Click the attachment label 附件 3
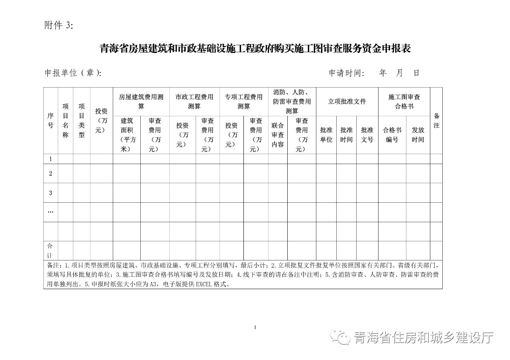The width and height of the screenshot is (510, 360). pyautogui.click(x=59, y=25)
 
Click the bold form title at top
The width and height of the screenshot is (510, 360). pyautogui.click(x=255, y=49)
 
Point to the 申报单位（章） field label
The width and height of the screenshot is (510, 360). pyautogui.click(x=73, y=73)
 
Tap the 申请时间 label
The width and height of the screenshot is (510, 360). pyautogui.click(x=346, y=73)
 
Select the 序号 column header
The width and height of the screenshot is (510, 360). pyautogui.click(x=51, y=120)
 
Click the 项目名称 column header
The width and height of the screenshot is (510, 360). pyautogui.click(x=65, y=120)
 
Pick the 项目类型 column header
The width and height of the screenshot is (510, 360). pyautogui.click(x=81, y=120)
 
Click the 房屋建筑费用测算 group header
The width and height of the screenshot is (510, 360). pyautogui.click(x=141, y=102)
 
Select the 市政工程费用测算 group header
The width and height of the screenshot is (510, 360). pyautogui.click(x=194, y=102)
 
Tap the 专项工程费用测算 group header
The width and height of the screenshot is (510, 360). pyautogui.click(x=243, y=102)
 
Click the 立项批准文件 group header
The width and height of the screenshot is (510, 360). pyautogui.click(x=347, y=102)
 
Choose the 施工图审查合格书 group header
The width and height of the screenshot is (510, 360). pyautogui.click(x=404, y=102)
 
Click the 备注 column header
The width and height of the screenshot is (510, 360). pyautogui.click(x=436, y=120)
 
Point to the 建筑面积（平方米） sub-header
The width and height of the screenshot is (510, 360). pyautogui.click(x=127, y=135)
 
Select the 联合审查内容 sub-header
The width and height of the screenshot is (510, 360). pyautogui.click(x=278, y=135)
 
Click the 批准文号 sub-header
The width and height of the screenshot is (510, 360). pyautogui.click(x=367, y=135)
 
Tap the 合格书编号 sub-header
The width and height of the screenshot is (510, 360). pyautogui.click(x=392, y=135)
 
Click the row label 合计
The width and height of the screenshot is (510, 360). pyautogui.click(x=50, y=250)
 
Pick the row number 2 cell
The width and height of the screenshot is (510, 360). pyautogui.click(x=51, y=174)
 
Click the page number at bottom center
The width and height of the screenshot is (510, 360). pyautogui.click(x=255, y=327)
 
